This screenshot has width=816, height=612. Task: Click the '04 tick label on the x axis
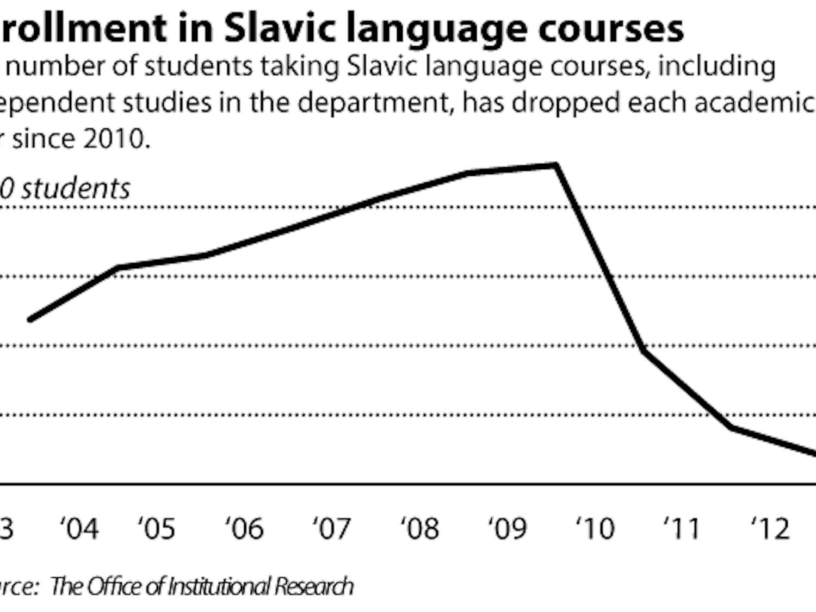click(79, 528)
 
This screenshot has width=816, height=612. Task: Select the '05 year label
click(157, 528)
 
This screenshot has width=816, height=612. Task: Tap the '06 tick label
click(245, 528)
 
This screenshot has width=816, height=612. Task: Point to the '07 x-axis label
click(332, 528)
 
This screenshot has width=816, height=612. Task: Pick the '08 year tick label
click(420, 528)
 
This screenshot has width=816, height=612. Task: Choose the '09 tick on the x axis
click(508, 528)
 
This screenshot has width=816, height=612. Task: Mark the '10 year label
click(596, 528)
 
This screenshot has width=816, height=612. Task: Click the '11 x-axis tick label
click(683, 528)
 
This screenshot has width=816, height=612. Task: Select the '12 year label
click(770, 528)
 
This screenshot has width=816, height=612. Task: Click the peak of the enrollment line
click(555, 164)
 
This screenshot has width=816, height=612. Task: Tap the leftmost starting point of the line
click(30, 319)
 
